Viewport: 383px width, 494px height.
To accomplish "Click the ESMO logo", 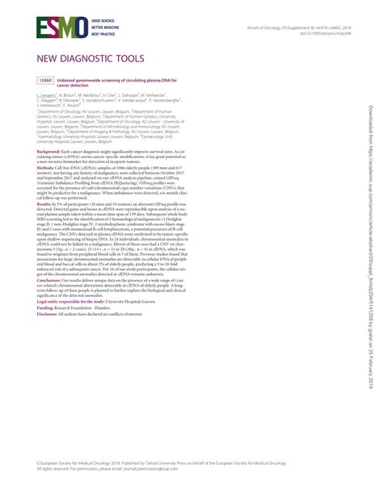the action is (x=49, y=30).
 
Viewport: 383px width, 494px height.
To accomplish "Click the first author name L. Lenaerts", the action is (x=47, y=95).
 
